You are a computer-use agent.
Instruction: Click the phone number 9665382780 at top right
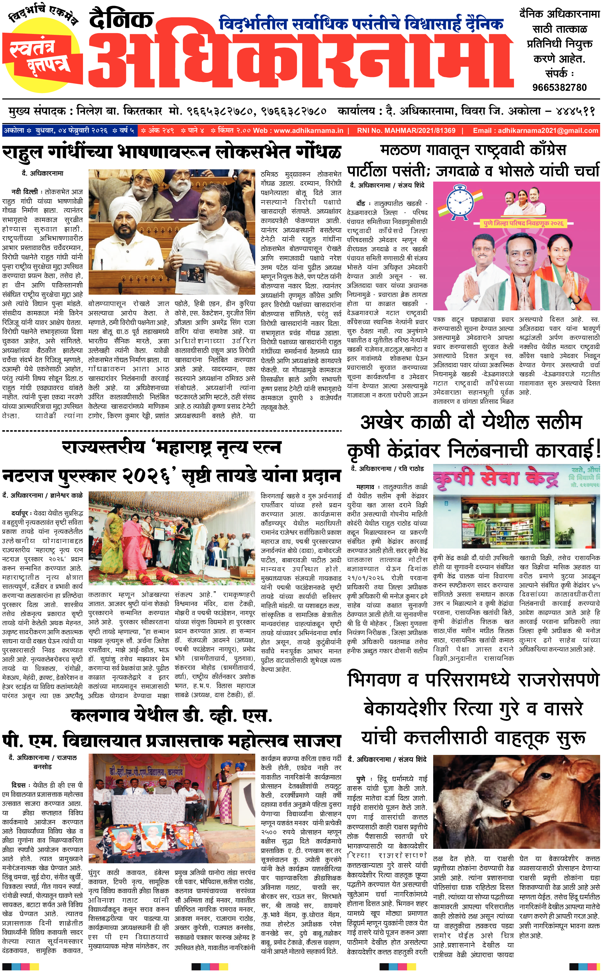[559, 88]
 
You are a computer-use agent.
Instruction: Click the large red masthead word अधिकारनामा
[301, 60]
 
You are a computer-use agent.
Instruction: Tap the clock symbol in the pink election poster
[460, 202]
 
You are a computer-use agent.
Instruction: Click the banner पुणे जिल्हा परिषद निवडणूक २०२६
[523, 224]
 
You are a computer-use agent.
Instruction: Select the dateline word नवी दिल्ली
[25, 192]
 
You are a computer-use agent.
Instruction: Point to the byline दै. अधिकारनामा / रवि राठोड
[387, 469]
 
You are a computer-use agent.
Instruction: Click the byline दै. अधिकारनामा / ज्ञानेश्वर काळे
[43, 495]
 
